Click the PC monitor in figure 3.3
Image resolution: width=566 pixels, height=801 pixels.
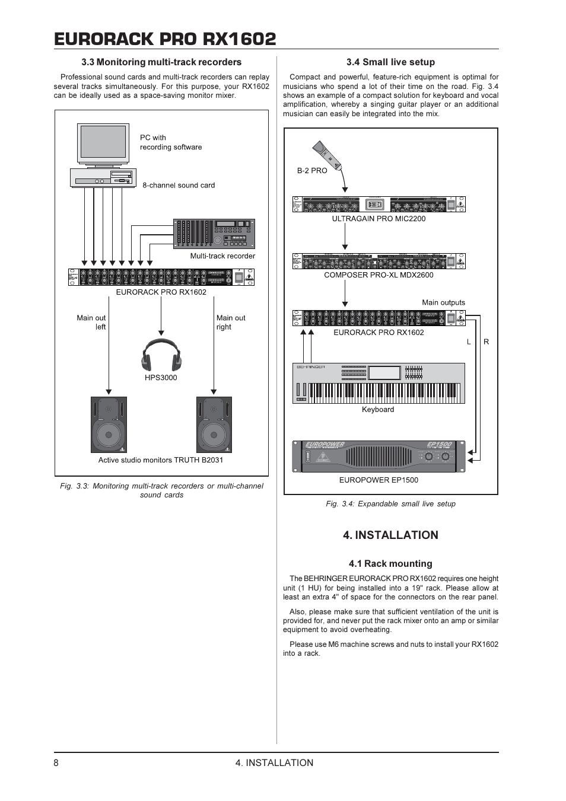[103, 144]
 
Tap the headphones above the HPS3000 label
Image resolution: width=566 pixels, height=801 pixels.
[161, 354]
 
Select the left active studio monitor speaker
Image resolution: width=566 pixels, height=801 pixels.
[109, 425]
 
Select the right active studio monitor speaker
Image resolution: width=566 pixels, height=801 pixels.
[214, 425]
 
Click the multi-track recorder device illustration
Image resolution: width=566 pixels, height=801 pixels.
[214, 234]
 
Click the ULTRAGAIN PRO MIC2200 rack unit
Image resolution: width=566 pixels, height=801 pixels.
[379, 204]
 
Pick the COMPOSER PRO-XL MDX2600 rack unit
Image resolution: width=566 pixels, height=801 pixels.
[379, 261]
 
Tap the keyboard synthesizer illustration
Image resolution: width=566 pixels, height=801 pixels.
[379, 383]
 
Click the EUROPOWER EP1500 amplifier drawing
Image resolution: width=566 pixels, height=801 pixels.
[379, 456]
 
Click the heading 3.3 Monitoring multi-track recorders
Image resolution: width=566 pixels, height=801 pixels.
[161, 62]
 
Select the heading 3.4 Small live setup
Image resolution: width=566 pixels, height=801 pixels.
[390, 62]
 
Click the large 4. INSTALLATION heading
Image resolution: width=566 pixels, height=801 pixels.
[390, 535]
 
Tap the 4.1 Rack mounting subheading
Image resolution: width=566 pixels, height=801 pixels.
[390, 564]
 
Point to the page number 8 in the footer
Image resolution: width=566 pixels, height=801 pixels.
[56, 763]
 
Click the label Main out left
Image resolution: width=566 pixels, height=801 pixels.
[91, 323]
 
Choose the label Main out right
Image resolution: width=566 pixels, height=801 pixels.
[230, 323]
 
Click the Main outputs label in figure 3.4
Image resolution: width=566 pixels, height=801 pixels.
[443, 302]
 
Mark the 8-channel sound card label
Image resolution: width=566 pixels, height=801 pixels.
[179, 186]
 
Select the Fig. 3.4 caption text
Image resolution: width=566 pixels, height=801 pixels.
[390, 504]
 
